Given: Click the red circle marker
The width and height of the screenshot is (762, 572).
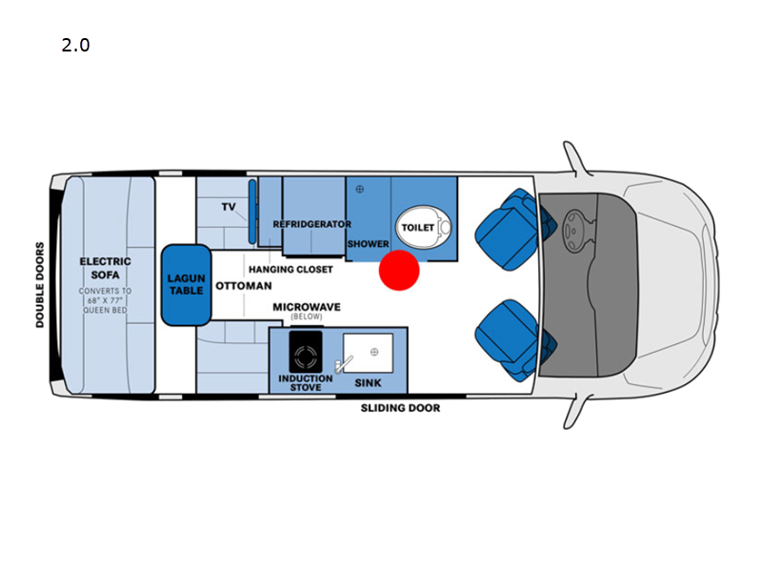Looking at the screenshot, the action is pyautogui.click(x=399, y=271).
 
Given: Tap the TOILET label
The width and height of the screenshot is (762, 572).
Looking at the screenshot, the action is pyautogui.click(x=417, y=228).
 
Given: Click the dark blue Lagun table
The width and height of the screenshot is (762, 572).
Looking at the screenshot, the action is pyautogui.click(x=186, y=285).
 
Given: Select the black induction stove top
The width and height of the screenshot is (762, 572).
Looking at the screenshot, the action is pyautogui.click(x=306, y=352).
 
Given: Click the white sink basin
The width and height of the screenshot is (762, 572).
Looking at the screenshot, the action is pyautogui.click(x=368, y=353).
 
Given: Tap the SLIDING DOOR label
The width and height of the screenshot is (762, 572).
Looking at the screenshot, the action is pyautogui.click(x=400, y=408).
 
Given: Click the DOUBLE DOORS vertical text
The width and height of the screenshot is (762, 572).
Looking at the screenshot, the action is pyautogui.click(x=39, y=285).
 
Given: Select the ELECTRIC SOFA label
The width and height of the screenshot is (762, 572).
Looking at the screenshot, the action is pyautogui.click(x=106, y=268).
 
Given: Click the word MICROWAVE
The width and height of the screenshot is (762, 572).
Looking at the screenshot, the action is pyautogui.click(x=307, y=307).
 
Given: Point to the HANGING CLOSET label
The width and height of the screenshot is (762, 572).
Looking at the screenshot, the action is pyautogui.click(x=291, y=270).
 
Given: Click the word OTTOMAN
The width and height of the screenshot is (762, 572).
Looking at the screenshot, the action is pyautogui.click(x=244, y=285).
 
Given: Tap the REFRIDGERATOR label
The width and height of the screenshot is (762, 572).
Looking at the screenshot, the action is pyautogui.click(x=312, y=224).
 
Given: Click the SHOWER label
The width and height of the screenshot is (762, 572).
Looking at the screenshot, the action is pyautogui.click(x=368, y=244).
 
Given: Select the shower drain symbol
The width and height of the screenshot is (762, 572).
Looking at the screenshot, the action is pyautogui.click(x=360, y=189).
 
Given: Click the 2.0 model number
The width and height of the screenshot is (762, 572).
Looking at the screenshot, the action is pyautogui.click(x=75, y=45).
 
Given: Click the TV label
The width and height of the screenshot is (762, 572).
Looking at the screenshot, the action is pyautogui.click(x=229, y=207).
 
